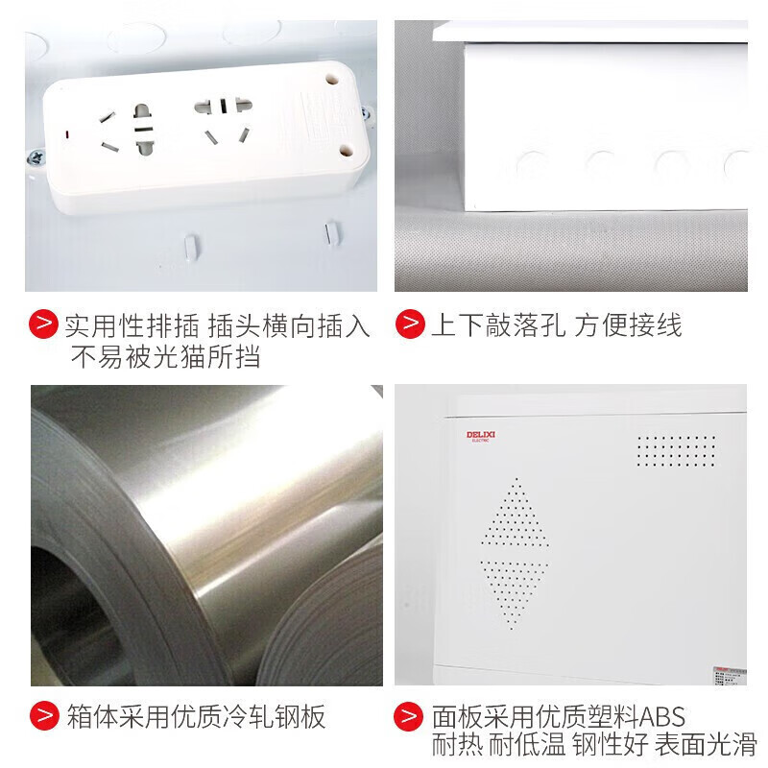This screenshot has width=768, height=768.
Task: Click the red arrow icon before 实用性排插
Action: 42,324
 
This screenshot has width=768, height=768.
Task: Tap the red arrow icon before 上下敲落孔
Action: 410,324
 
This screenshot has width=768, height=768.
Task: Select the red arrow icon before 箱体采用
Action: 42,714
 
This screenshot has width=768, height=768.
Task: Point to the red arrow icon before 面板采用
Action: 410,714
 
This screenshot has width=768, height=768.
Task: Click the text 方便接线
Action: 629,325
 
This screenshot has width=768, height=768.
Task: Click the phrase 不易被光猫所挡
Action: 165,357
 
